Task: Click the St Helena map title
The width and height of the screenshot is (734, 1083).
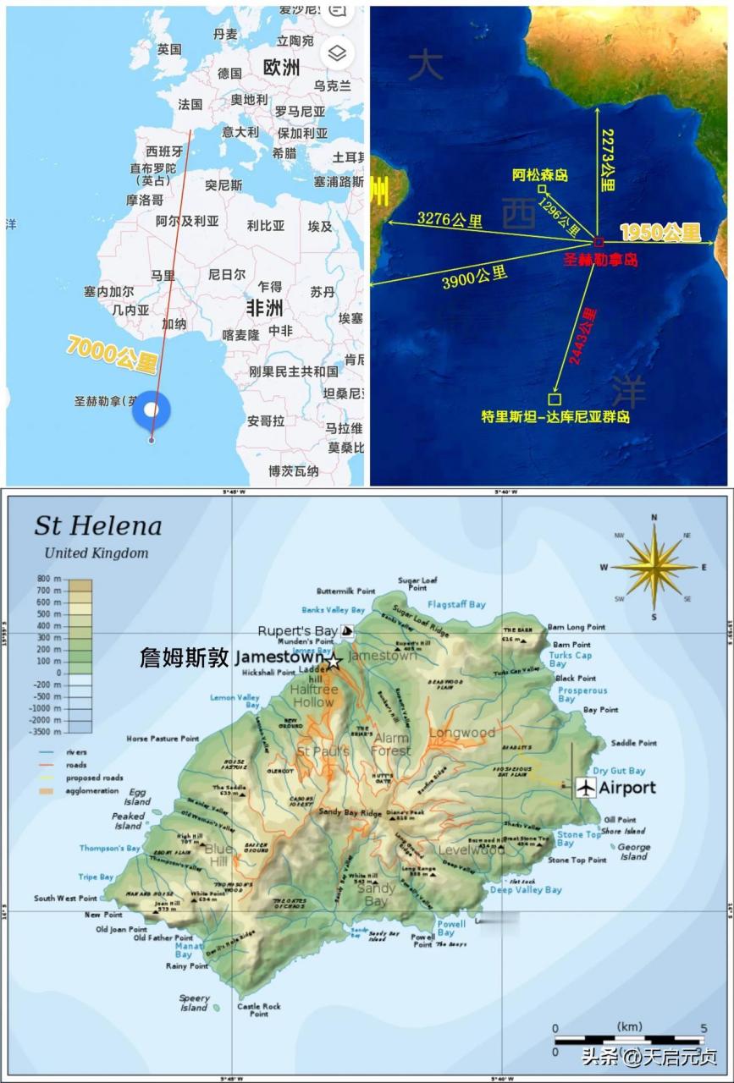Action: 97,525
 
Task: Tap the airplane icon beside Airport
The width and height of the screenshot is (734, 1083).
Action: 585,788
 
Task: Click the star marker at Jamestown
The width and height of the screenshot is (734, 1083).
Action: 334,661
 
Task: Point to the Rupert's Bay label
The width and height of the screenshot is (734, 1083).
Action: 297,631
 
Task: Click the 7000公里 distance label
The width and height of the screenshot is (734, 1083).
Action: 113,355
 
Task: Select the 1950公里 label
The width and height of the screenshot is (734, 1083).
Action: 660,232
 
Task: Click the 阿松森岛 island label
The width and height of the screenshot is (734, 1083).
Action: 540,175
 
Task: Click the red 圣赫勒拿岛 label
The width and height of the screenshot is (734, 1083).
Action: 601,260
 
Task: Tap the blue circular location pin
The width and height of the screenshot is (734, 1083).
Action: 152,410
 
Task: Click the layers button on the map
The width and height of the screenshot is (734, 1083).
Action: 337,54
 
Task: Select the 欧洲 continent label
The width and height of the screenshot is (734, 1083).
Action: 281,68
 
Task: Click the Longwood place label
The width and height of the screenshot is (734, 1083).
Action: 461,733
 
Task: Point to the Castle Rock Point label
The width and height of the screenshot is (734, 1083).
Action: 259,1009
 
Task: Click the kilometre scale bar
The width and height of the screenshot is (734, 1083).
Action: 629,1040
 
